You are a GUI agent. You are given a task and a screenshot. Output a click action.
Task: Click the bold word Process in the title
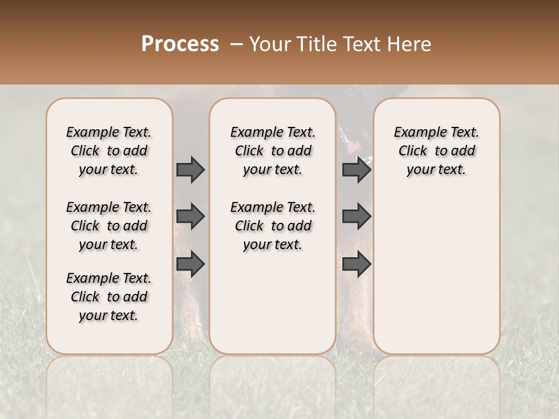pos(180,44)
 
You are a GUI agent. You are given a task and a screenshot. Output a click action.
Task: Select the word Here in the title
pos(411,44)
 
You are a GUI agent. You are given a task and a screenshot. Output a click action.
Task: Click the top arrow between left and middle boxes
pos(190,169)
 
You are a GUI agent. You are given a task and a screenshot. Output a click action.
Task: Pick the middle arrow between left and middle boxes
pos(190,216)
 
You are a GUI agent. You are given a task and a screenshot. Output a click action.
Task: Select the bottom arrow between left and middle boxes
pos(190,264)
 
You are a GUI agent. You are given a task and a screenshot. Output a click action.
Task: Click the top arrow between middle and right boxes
pos(356,169)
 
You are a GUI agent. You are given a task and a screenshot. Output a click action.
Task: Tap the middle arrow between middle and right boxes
pos(356,216)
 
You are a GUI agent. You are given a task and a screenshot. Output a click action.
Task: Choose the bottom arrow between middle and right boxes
pos(356,264)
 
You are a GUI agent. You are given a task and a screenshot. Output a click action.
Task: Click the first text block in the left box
pos(109,151)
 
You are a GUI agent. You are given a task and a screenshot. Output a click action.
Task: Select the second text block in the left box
pos(109,226)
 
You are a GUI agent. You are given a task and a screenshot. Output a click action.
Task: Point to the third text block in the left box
pos(109,297)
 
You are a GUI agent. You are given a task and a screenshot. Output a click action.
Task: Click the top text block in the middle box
pos(273,151)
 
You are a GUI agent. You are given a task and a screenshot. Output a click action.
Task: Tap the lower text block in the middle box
pos(273,226)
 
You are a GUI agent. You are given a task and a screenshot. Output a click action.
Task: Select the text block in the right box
pos(437,151)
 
